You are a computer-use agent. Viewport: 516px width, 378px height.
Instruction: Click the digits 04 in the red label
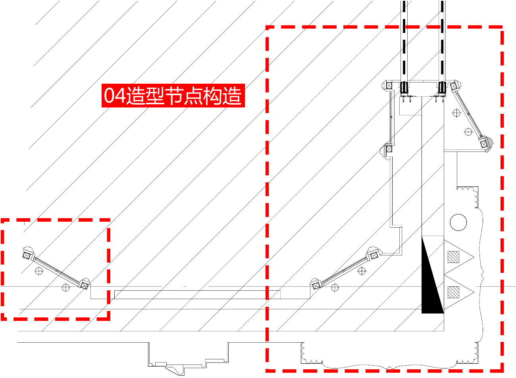115,95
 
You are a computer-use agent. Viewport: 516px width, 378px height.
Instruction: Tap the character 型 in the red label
155,95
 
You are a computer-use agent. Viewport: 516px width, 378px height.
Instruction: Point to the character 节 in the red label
174,95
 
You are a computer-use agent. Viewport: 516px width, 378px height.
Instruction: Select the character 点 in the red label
194,95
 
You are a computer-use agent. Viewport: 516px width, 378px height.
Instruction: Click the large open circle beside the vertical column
458,223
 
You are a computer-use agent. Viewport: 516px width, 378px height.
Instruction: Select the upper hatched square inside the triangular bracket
453,257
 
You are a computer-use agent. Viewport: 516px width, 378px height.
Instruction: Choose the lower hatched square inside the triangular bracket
453,292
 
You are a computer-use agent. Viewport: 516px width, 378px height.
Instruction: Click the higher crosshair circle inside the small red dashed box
39,271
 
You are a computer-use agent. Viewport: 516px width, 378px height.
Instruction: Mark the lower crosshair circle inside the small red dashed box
65,288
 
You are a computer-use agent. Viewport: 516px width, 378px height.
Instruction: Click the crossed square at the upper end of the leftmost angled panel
27,256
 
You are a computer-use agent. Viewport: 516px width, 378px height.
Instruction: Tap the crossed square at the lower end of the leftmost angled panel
84,286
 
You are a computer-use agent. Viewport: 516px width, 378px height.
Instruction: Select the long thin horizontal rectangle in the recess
197,295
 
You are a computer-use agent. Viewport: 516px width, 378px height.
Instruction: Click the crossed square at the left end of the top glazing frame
389,86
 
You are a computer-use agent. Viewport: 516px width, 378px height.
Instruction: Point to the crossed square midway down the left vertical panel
389,149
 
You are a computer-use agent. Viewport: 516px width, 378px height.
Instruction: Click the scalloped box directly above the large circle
468,197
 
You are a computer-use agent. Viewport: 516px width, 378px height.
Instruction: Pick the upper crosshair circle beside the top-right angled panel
456,113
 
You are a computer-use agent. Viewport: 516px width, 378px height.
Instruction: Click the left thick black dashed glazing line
404,41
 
